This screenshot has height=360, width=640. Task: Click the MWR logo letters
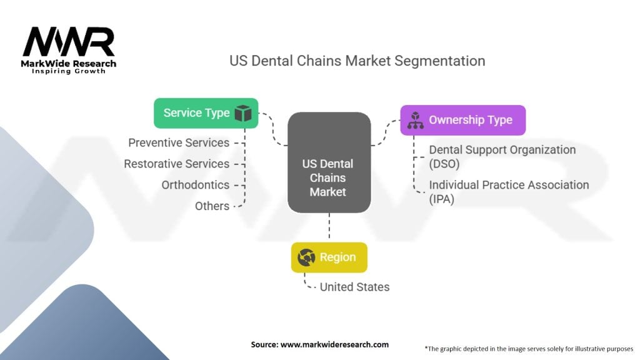click(x=69, y=42)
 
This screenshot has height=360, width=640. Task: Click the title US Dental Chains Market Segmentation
click(x=357, y=61)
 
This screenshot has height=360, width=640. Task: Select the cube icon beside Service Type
click(x=242, y=113)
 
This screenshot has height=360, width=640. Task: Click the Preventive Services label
click(x=179, y=142)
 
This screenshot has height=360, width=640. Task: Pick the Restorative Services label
click(x=176, y=164)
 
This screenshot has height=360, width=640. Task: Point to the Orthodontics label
click(x=195, y=185)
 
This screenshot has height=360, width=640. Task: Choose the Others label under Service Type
click(x=212, y=206)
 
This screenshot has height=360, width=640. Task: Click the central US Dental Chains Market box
click(x=328, y=177)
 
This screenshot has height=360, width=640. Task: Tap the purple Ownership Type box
click(x=462, y=120)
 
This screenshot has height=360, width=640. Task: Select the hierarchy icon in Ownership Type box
click(x=416, y=120)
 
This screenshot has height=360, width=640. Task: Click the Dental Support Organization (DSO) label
click(x=502, y=156)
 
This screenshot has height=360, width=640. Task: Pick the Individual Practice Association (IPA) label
click(x=509, y=191)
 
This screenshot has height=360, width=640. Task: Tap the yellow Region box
click(x=329, y=257)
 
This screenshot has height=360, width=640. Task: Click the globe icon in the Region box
click(x=307, y=257)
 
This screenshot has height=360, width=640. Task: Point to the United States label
click(x=354, y=287)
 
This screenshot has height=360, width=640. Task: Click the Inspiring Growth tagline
click(x=69, y=71)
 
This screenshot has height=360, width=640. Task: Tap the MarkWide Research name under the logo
click(x=69, y=64)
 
